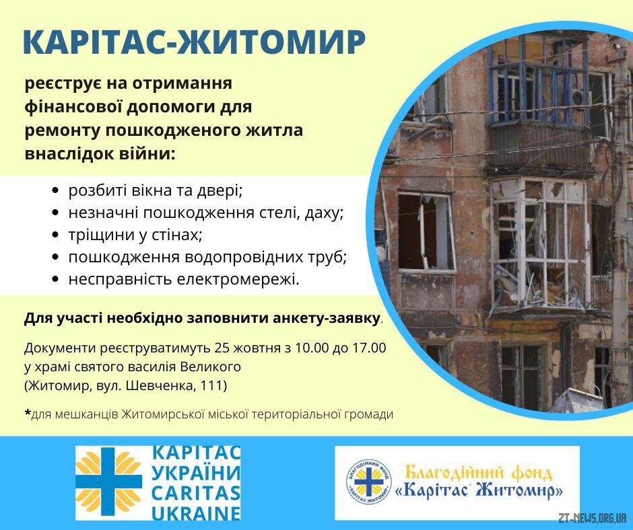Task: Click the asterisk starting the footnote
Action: pyautogui.click(x=28, y=412)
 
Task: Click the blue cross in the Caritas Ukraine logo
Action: pyautogui.click(x=108, y=482)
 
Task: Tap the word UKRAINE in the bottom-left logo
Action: pyautogui.click(x=196, y=513)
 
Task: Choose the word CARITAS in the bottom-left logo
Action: pyautogui.click(x=196, y=492)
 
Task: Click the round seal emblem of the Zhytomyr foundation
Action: pyautogui.click(x=368, y=482)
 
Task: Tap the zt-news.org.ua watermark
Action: pyautogui.click(x=592, y=517)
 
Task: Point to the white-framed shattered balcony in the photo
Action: pyautogui.click(x=539, y=246)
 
